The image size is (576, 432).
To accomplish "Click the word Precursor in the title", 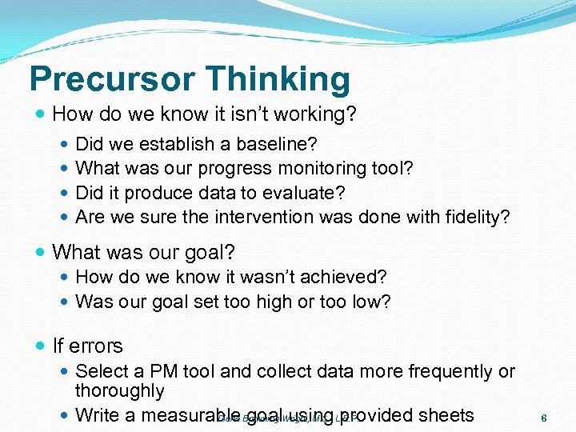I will (x=111, y=78).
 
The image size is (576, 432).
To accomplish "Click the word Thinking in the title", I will (x=278, y=78).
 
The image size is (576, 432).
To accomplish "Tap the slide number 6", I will (x=544, y=418).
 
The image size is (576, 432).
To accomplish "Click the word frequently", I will (x=452, y=371).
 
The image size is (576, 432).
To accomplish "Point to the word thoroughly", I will (x=119, y=391).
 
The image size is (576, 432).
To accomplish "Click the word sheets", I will (x=446, y=415).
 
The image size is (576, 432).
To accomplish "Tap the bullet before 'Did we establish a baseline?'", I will (x=65, y=144).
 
